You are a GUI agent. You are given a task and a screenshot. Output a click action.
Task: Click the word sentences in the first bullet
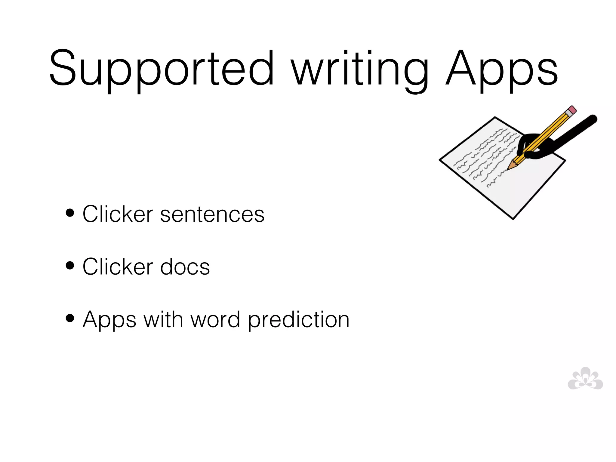point(212,214)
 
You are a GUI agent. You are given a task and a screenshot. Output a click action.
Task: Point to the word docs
point(185,267)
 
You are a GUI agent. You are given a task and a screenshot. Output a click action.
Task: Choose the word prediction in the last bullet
point(298,319)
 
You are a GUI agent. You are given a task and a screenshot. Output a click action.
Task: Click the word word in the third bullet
point(215,319)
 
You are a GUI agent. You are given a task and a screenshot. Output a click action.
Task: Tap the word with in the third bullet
point(163,319)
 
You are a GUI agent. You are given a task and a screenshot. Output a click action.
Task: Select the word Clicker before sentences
point(118,214)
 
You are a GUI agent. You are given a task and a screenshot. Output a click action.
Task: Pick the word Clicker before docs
point(118,267)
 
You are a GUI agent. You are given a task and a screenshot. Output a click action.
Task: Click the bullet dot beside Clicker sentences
point(70,213)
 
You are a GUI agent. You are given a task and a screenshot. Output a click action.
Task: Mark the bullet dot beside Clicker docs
point(70,266)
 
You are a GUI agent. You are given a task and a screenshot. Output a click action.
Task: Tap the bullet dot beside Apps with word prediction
point(70,318)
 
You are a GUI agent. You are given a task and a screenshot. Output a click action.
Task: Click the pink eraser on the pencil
point(572,110)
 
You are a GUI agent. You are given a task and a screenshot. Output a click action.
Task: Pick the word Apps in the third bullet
point(109,319)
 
